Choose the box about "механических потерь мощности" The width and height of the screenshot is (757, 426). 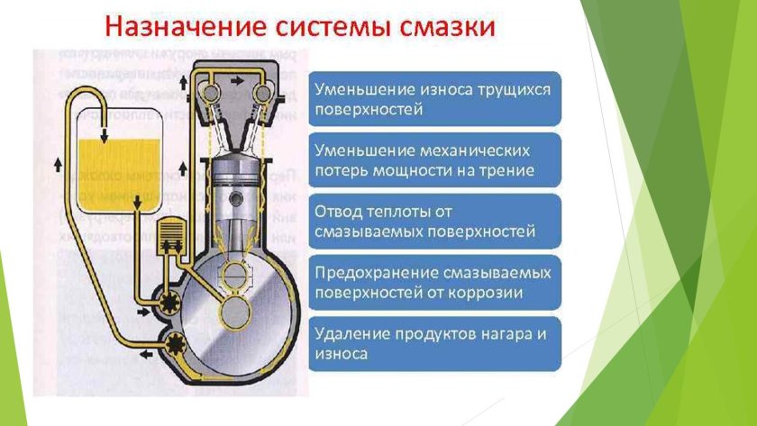[x=437, y=159]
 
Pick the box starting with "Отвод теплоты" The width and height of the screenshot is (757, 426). [x=437, y=222]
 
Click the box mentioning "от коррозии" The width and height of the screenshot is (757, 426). [x=437, y=283]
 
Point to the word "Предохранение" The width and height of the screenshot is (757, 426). [x=368, y=272]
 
